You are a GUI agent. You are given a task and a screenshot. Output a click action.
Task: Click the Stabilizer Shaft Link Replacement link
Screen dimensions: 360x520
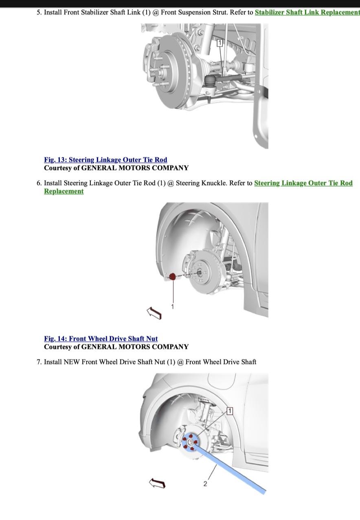coord(307,13)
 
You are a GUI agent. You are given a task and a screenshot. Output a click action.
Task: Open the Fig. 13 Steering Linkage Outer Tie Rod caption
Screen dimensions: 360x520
coord(105,160)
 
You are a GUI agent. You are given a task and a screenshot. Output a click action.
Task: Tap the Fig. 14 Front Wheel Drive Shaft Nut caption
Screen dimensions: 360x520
coord(101,339)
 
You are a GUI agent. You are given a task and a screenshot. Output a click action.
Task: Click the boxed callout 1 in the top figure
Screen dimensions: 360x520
coord(220,43)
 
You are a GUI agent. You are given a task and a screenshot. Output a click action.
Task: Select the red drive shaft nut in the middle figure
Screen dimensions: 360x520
coord(172,276)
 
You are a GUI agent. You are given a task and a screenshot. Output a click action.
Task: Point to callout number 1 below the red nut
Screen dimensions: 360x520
coord(172,306)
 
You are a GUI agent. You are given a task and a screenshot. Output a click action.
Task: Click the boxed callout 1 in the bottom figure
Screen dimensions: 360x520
coord(230,411)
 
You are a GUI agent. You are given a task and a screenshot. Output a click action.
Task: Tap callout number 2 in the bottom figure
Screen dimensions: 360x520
coord(205,484)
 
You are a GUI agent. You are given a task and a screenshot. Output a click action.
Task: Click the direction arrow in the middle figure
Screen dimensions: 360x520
coord(154,313)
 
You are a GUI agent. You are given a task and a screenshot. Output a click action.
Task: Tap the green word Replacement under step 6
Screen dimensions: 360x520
coord(64,191)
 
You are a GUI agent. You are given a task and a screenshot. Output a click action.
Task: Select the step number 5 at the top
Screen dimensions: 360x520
coord(39,13)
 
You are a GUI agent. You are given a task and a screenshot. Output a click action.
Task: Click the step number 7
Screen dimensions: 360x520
coord(39,362)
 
